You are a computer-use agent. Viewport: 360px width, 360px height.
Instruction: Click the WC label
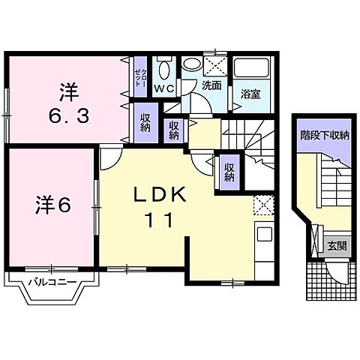tap(163, 88)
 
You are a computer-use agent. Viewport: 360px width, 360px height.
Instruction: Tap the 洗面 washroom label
tap(211, 85)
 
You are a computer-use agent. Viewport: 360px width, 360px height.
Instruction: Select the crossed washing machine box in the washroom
tap(215, 65)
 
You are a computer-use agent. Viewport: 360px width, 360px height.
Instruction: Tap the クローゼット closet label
tap(139, 75)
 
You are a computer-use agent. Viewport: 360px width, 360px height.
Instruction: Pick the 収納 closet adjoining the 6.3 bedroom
tap(144, 121)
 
